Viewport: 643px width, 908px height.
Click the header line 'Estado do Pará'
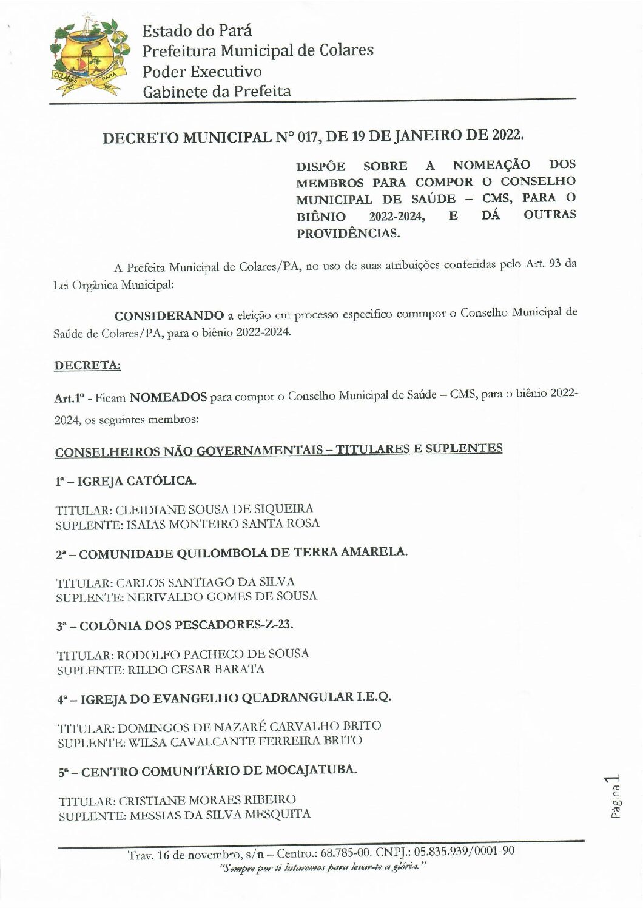tap(197, 30)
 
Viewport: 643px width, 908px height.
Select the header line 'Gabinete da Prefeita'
tap(217, 92)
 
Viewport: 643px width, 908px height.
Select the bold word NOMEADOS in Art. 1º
tap(169, 398)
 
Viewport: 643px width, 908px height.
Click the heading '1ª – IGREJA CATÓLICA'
tap(126, 480)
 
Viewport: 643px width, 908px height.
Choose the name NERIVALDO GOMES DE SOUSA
tap(222, 596)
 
